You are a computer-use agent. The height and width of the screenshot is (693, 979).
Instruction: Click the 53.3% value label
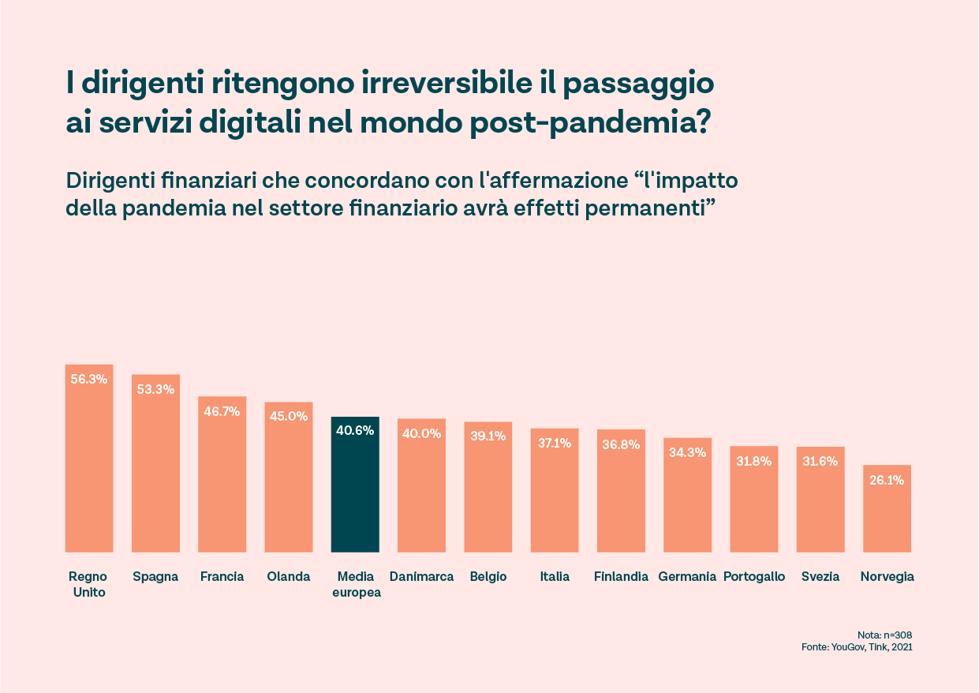click(x=155, y=388)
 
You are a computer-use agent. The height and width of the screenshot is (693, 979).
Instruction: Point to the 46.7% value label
click(x=222, y=410)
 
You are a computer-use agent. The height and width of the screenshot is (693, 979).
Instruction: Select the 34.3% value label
click(x=687, y=452)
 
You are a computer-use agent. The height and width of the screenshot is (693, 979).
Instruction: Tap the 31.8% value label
click(x=753, y=461)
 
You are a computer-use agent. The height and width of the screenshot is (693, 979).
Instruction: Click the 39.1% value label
click(x=488, y=436)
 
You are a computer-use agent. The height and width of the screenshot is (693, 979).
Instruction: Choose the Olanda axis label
click(x=289, y=576)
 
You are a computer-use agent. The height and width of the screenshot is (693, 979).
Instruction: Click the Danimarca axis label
click(x=421, y=576)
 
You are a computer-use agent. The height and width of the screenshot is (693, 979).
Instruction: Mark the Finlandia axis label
click(x=621, y=576)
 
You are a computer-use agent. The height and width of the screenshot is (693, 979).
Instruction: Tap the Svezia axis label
click(x=820, y=576)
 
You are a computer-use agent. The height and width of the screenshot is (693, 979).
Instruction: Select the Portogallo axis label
click(x=754, y=576)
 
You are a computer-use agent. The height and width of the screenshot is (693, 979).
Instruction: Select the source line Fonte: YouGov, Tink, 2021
click(x=857, y=647)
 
